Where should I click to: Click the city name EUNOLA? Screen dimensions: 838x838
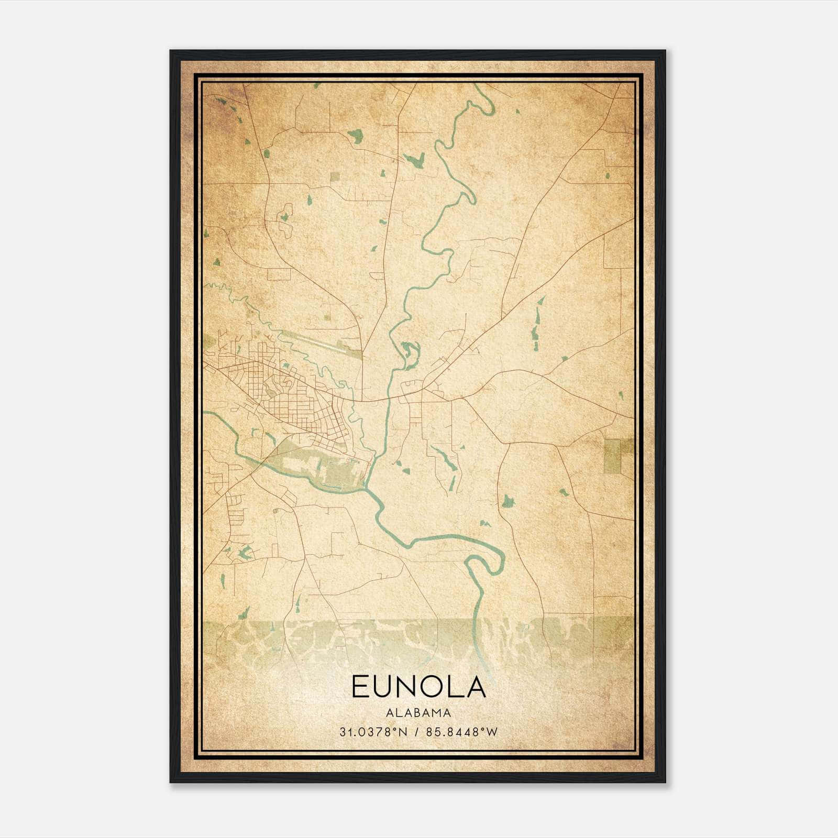coord(418,687)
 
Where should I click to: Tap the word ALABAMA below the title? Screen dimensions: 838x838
coord(418,713)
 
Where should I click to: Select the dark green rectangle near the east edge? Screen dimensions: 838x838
coord(612,456)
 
